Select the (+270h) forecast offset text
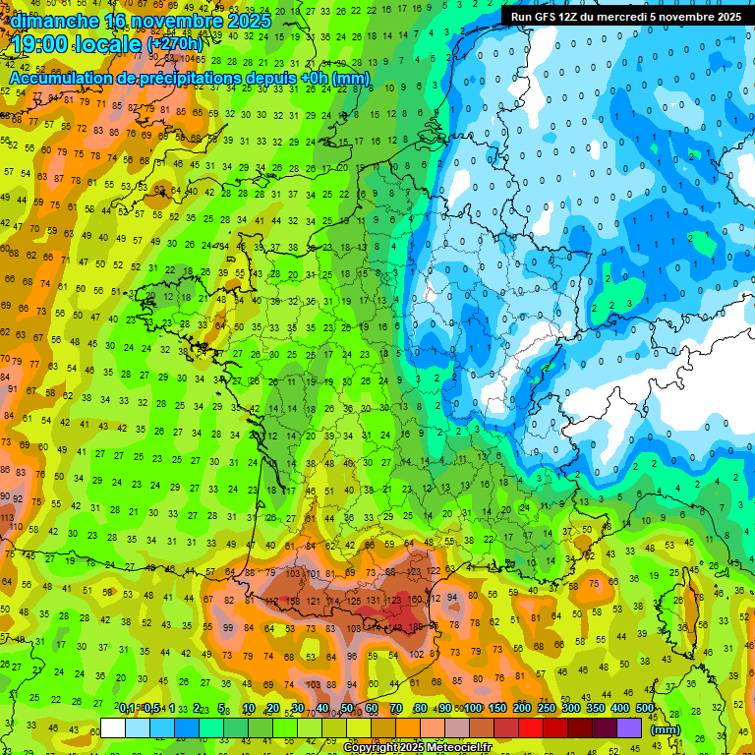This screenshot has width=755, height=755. (175, 44)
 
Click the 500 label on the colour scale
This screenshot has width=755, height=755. (644, 709)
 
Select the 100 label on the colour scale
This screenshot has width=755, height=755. (474, 709)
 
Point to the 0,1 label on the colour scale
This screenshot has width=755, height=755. (127, 709)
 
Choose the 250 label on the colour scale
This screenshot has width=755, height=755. (547, 709)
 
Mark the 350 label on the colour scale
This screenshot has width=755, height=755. (596, 709)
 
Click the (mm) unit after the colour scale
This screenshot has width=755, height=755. (666, 729)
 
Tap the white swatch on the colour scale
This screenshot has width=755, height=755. (113, 727)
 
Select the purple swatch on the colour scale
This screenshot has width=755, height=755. (630, 727)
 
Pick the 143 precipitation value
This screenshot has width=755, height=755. (395, 626)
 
